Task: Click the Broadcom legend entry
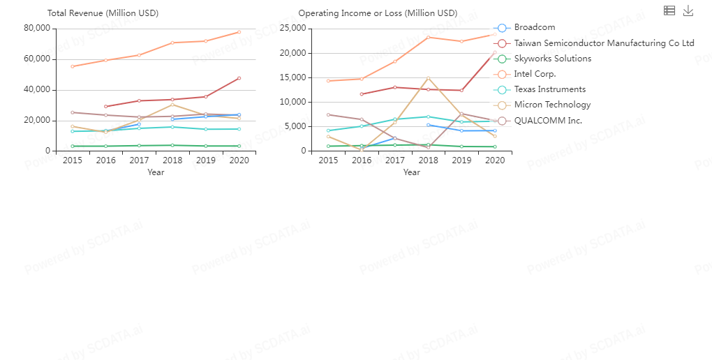pos(534,28)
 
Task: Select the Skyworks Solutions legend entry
pos(552,59)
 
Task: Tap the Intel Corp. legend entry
pos(535,74)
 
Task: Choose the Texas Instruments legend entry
pos(549,89)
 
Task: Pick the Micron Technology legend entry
pos(552,105)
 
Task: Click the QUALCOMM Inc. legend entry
pos(547,121)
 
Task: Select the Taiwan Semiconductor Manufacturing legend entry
pos(604,43)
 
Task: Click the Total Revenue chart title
pos(103,13)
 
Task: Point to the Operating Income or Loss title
pos(378,13)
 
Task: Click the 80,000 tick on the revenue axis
pos(38,28)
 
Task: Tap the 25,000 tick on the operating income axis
pos(293,28)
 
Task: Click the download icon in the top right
pos(688,10)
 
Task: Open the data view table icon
pos(669,10)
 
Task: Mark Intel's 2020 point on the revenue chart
pos(239,32)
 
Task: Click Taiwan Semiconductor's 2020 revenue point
pos(239,78)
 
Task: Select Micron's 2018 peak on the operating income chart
pos(428,78)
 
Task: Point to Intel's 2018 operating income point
pos(428,37)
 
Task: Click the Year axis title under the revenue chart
pos(156,172)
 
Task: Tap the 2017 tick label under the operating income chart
pos(394,160)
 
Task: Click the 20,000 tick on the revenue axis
pos(38,120)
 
